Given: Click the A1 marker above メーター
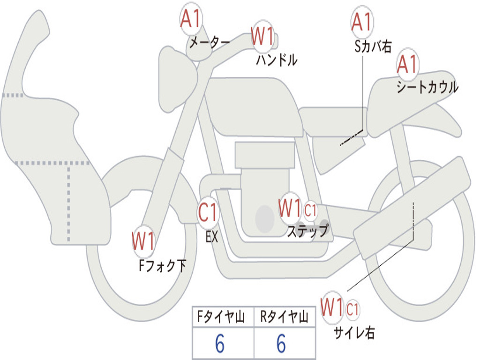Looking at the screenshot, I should click(x=191, y=20).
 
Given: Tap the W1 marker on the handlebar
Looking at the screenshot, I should click(x=262, y=37).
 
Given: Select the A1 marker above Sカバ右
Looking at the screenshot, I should click(x=361, y=22).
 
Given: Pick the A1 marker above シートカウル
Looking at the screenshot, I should click(x=407, y=65).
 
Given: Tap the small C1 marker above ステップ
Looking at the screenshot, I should click(x=310, y=210).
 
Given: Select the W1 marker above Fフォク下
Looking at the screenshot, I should click(x=143, y=242).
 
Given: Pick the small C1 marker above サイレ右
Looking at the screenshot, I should click(x=352, y=309).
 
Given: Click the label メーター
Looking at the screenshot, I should click(x=209, y=43).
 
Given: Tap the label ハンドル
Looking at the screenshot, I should click(x=277, y=60).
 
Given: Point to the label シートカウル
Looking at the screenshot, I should click(x=427, y=87).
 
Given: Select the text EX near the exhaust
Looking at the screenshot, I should click(x=212, y=237).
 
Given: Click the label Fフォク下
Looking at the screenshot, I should click(x=162, y=266).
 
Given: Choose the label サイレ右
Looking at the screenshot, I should click(x=354, y=332).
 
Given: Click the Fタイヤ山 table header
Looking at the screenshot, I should click(x=223, y=318).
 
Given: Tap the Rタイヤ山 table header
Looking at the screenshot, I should click(x=284, y=318).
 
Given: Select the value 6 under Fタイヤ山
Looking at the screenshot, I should click(x=220, y=344).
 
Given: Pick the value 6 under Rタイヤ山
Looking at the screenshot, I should click(x=281, y=344).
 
